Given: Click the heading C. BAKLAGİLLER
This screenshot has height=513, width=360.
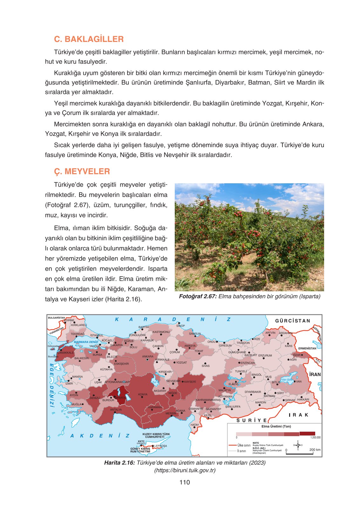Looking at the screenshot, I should [x=89, y=39].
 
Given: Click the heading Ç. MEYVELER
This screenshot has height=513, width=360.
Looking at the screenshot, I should [x=82, y=172].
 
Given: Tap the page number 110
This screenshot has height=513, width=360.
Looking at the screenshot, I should [x=184, y=482].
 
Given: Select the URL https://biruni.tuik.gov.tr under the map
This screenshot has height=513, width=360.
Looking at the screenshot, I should [x=185, y=470].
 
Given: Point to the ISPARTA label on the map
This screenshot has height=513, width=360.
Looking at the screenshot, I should [x=120, y=398].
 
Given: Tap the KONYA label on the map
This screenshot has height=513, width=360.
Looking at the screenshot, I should [x=143, y=395].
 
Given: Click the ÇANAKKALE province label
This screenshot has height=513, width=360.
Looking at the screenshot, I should [x=65, y=353].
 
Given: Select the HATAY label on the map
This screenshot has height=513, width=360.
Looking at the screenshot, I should [x=194, y=425].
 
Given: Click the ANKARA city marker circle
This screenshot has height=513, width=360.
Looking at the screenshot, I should [x=147, y=360].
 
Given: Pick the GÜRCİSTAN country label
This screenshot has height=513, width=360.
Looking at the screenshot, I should [x=293, y=321].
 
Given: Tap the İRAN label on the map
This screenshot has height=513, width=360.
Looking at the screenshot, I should [x=315, y=375].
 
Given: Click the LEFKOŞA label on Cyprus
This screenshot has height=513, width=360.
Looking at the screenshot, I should [x=160, y=446].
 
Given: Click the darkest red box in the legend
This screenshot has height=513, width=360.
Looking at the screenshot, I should [x=307, y=434].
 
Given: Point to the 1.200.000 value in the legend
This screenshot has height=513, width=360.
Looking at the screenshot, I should [x=315, y=438].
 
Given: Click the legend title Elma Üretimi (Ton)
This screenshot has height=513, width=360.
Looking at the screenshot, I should [x=276, y=427].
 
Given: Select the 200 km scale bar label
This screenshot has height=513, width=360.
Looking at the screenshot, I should [x=315, y=449].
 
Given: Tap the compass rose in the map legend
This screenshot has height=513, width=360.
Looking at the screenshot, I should [x=298, y=445].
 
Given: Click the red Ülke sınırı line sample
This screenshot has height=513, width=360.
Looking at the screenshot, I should [x=233, y=445].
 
